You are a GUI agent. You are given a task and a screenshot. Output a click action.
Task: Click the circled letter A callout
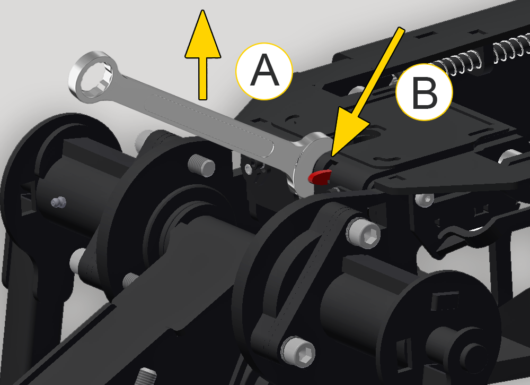264,72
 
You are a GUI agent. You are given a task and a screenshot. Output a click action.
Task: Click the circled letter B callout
424,92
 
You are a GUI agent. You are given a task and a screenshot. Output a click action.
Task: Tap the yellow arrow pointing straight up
203,55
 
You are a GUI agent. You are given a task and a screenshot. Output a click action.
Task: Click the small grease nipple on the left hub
58,202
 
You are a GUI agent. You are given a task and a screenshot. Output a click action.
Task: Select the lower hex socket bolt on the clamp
298,352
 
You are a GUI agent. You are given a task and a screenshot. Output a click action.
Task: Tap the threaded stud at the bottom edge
146,376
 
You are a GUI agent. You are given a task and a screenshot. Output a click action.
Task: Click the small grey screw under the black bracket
425,199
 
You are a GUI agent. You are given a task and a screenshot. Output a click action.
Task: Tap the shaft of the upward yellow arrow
203,79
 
